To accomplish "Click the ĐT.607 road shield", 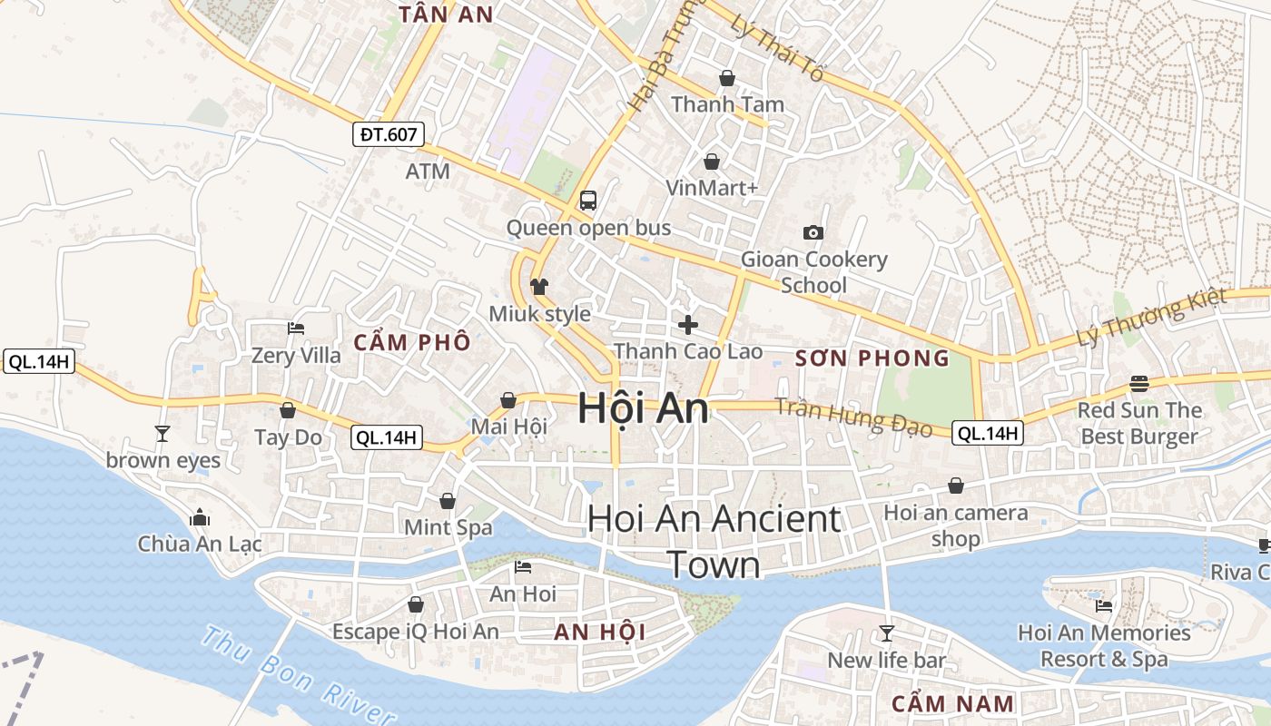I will [x=389, y=135].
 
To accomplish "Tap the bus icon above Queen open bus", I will [x=588, y=201].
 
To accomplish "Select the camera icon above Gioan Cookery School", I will [x=813, y=232].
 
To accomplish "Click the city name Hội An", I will [x=643, y=407].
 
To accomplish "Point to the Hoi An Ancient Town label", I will [x=714, y=542].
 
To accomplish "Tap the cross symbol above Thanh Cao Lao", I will [x=688, y=324].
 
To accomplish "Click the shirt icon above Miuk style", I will [x=539, y=287].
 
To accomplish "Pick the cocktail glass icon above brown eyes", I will [x=163, y=434].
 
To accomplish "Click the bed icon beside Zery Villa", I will [x=296, y=329].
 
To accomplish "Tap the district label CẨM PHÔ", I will [x=412, y=342].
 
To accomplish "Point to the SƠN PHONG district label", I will [x=872, y=358].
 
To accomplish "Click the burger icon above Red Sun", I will [x=1139, y=384].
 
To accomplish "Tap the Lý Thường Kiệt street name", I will [x=1151, y=317].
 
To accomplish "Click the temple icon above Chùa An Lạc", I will [x=200, y=518].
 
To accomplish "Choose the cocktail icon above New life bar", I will [x=887, y=633].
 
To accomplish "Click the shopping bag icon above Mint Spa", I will [x=448, y=501].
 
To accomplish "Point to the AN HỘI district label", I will [x=599, y=633].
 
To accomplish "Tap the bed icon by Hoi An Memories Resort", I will [x=1104, y=606].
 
